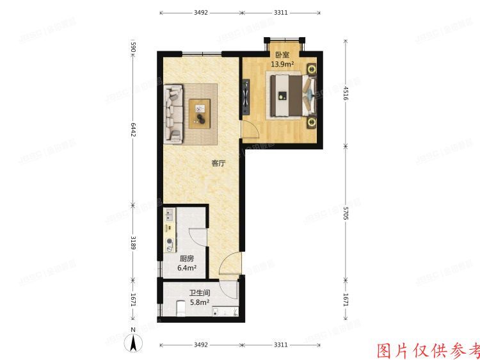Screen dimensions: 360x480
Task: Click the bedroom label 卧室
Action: [282, 55]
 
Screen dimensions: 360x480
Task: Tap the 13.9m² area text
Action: [282, 65]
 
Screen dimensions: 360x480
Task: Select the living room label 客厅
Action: [218, 163]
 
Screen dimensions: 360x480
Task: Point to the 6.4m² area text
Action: [187, 268]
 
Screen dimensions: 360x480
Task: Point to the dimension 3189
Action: [133, 243]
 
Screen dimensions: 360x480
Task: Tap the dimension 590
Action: [133, 47]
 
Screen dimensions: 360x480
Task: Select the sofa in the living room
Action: [174, 113]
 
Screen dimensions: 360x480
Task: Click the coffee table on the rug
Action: [201, 113]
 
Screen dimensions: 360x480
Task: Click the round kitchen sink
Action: [170, 243]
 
